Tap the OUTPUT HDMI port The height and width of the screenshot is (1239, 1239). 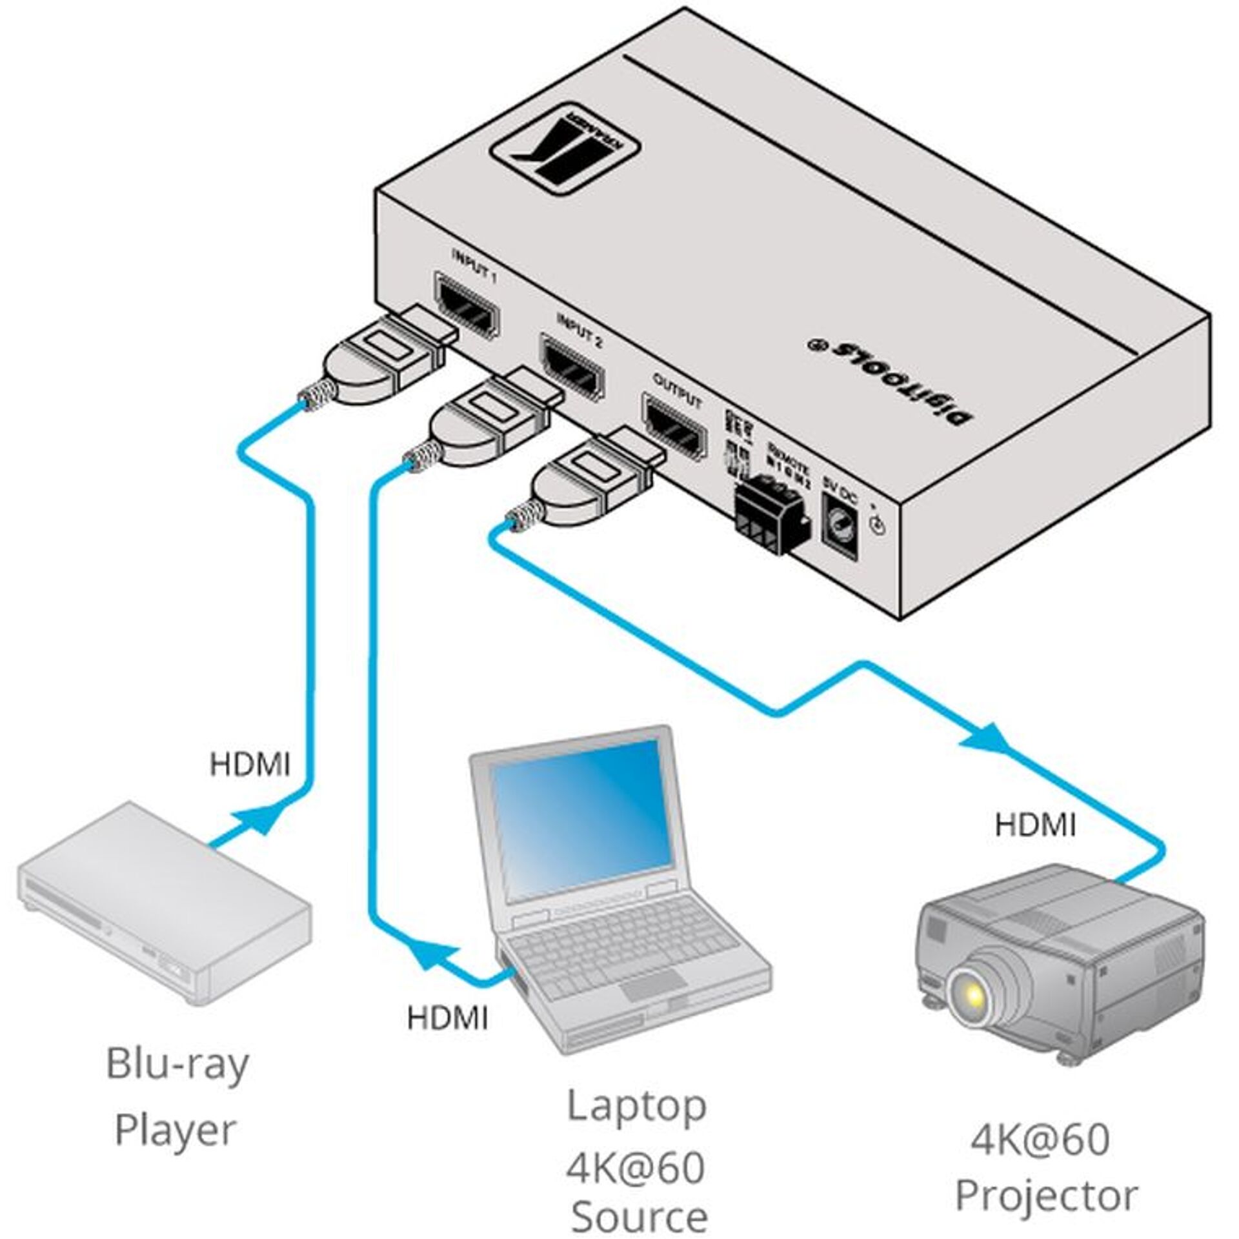click(x=673, y=430)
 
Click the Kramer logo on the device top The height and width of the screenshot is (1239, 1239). click(x=565, y=157)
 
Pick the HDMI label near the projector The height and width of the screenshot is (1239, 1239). click(x=1035, y=825)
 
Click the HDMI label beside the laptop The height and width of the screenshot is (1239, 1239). click(x=447, y=1018)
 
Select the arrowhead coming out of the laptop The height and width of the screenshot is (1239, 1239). click(x=434, y=960)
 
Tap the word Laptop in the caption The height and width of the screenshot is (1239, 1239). click(x=636, y=1105)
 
